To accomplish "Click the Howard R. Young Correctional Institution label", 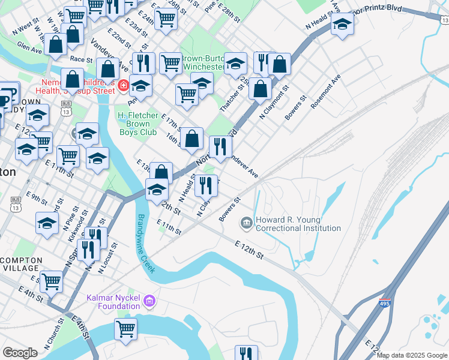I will tap(298, 224).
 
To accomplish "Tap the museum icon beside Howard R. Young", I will tap(247, 223).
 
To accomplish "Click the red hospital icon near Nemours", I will tap(123, 86).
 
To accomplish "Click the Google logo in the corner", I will tap(20, 353).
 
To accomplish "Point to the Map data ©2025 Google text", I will tap(412, 355).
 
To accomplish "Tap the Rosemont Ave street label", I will tap(325, 92).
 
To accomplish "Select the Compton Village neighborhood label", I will tap(22, 264).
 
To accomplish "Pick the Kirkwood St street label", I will tap(73, 230).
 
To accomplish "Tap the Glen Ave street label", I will tap(30, 47).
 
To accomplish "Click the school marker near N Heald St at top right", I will tap(342, 25).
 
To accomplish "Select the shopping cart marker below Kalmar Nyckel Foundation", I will tap(126, 329).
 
